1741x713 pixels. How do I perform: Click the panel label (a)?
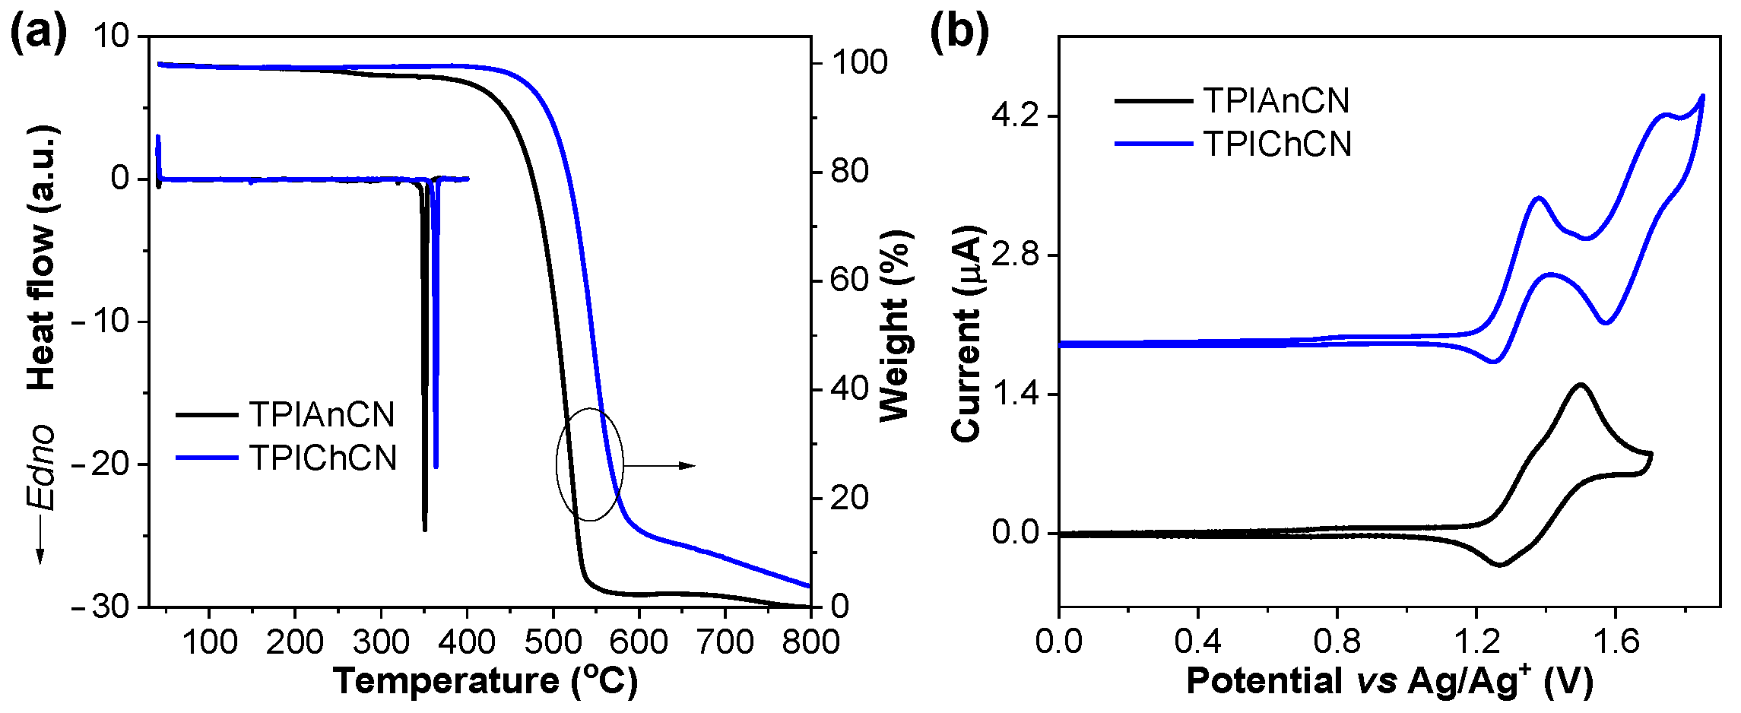pyautogui.click(x=38, y=33)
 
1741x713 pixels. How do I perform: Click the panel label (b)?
pyautogui.click(x=960, y=33)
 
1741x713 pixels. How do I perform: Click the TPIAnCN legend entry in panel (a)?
pyautogui.click(x=322, y=415)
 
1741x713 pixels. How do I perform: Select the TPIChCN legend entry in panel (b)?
pyautogui.click(x=1276, y=144)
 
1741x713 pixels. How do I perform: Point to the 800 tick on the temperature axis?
pyautogui.click(x=810, y=642)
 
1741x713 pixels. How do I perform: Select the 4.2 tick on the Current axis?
pyautogui.click(x=1015, y=116)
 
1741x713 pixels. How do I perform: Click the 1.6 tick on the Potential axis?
pyautogui.click(x=1615, y=642)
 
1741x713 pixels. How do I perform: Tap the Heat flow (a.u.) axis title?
pyautogui.click(x=42, y=258)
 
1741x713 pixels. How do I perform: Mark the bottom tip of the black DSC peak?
pyautogui.click(x=424, y=529)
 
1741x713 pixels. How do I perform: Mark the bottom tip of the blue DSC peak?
pyautogui.click(x=436, y=466)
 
